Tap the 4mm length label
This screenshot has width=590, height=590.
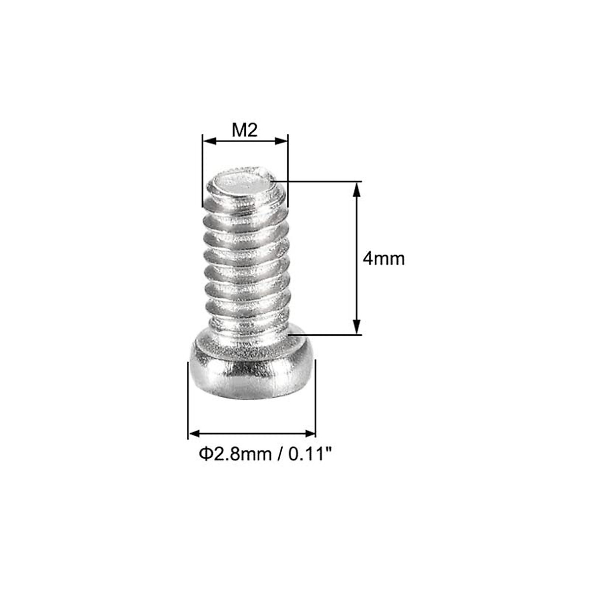383,258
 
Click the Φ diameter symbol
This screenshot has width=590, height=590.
205,453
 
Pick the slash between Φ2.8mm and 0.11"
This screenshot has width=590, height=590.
280,454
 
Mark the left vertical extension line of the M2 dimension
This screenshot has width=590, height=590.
202,172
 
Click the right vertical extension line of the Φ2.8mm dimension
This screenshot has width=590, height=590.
315,398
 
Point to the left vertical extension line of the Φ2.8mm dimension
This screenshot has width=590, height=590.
188,398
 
